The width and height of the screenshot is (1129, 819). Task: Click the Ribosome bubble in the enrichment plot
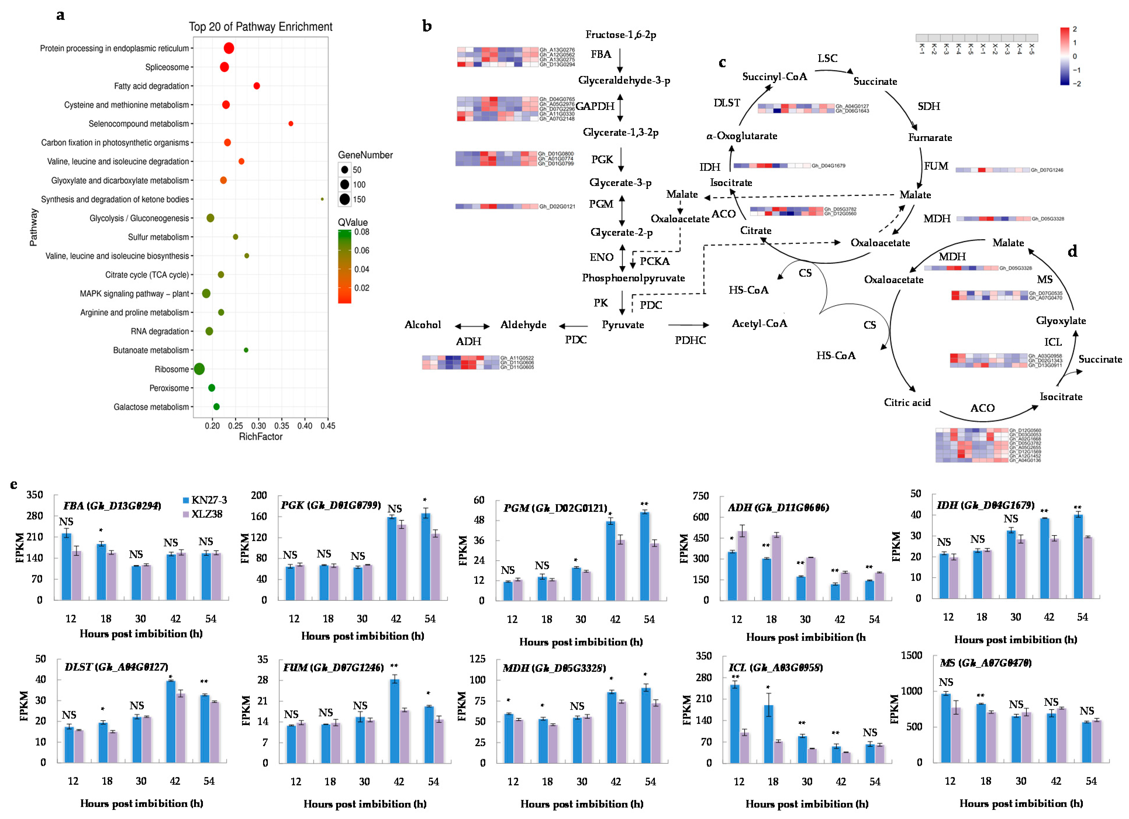[199, 369]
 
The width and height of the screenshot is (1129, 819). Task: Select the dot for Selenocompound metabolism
[291, 123]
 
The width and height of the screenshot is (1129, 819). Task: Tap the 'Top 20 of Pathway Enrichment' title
[260, 27]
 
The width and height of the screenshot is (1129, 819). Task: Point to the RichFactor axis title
[260, 437]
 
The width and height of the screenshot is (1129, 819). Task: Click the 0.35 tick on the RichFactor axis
[282, 426]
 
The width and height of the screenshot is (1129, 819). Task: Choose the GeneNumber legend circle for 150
[344, 199]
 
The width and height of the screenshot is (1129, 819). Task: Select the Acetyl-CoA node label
[759, 324]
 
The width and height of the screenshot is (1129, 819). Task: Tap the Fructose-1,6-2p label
[620, 34]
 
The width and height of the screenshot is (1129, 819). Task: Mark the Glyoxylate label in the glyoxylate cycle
[1061, 321]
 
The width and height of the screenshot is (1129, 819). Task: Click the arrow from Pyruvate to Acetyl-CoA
[688, 325]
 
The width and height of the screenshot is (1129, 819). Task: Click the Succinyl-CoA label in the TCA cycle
[775, 77]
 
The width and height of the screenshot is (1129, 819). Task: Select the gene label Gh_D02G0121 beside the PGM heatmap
[557, 207]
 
